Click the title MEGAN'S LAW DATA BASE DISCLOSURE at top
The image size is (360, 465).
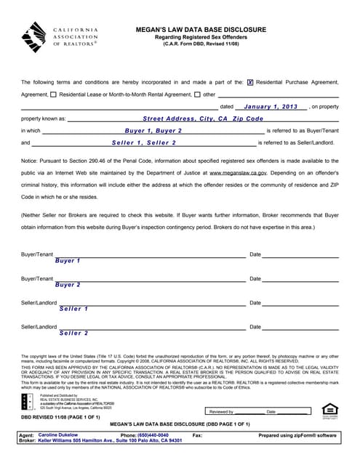tap(201, 30)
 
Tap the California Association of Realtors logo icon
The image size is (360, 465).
tap(37, 36)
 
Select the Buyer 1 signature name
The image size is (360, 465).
tap(68, 260)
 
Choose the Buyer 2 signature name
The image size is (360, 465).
tap(68, 285)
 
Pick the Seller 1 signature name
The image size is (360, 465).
tap(74, 309)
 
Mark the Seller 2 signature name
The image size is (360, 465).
tap(74, 333)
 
